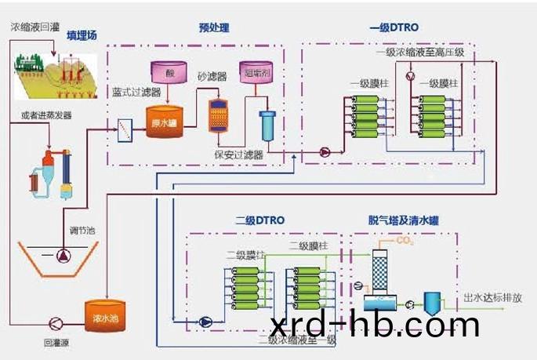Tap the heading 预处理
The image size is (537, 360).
[214, 28]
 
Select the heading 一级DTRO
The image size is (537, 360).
[394, 28]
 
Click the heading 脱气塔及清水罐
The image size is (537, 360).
[403, 220]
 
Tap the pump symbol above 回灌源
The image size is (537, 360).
[56, 322]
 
